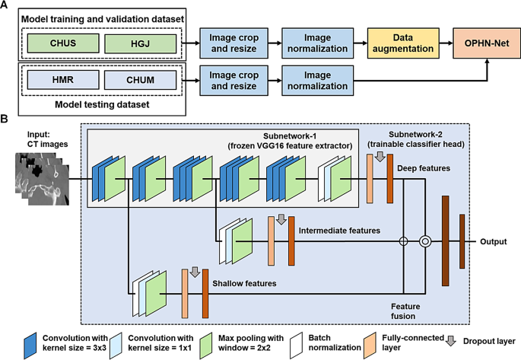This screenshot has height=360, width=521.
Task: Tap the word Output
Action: pos(495,242)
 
